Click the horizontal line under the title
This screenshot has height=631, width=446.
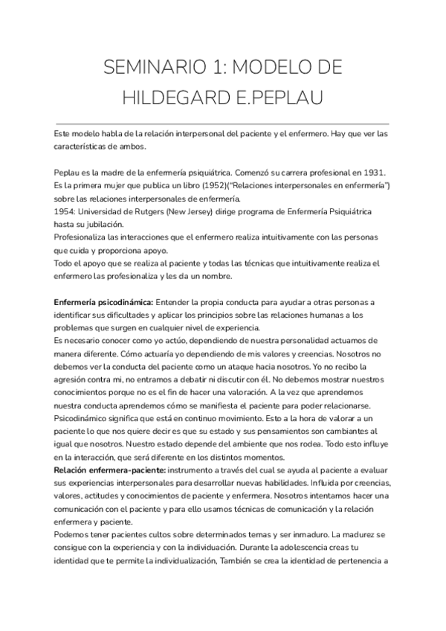(222, 124)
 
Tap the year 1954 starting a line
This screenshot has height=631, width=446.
(65, 212)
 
